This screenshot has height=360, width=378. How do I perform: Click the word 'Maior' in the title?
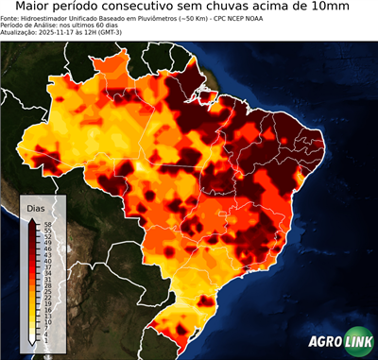pyautogui.click(x=33, y=8)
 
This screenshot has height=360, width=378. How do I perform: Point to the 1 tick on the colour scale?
pyautogui.click(x=45, y=339)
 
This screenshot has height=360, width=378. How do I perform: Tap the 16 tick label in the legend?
pyautogui.click(x=47, y=309)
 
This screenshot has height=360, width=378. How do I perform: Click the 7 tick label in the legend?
pyautogui.click(x=45, y=327)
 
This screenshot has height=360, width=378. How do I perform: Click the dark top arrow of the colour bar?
pyautogui.click(x=32, y=221)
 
